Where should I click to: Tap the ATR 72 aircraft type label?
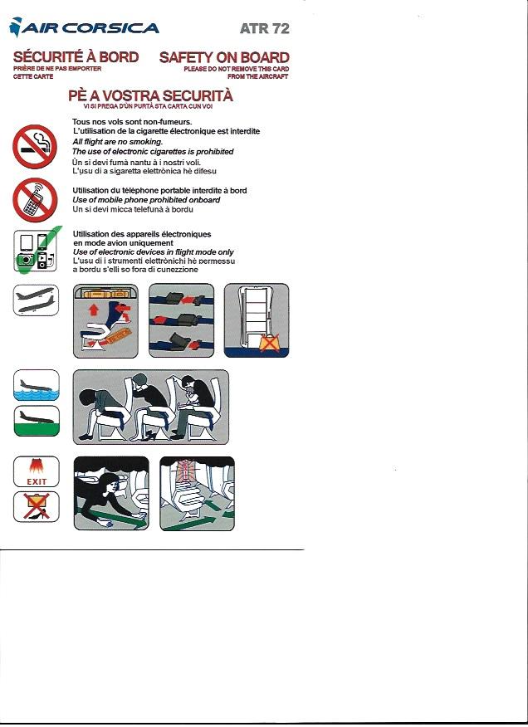coord(263,28)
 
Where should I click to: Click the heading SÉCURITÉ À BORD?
coord(76,57)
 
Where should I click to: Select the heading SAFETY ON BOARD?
coord(224,57)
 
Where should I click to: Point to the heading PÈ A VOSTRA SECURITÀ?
coord(150,95)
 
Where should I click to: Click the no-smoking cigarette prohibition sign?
coord(35,147)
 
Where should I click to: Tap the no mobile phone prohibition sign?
coord(35,200)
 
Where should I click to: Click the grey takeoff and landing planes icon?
coord(37,300)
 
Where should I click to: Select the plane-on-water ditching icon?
coord(37,386)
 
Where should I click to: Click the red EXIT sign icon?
coord(37,471)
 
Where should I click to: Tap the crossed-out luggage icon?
coord(37,506)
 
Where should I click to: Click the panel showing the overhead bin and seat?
coord(107,320)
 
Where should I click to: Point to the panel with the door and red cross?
coord(257,320)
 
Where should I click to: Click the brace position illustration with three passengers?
coord(150,407)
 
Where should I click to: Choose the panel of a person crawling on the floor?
coord(111,493)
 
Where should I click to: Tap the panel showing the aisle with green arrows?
coord(197,493)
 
